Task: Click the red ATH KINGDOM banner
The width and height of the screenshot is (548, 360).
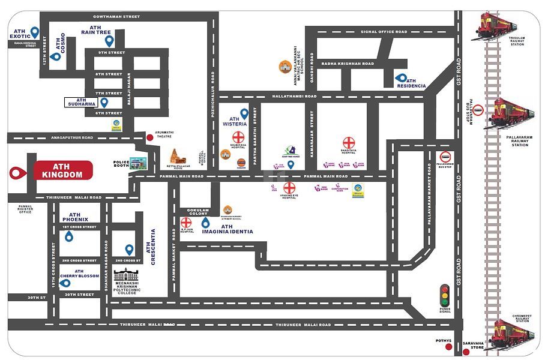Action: tap(63, 170)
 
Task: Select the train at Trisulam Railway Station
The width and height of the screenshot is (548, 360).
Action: tap(496, 26)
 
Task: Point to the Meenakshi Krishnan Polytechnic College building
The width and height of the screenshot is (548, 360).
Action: tap(127, 275)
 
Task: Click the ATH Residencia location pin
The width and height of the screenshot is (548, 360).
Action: tap(401, 77)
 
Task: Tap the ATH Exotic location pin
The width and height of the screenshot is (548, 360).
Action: tap(35, 32)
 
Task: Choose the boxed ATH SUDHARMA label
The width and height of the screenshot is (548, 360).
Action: tap(80, 103)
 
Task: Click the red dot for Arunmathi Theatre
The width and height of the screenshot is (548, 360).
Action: tap(150, 137)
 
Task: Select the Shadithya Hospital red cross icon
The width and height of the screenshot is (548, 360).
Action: tap(349, 143)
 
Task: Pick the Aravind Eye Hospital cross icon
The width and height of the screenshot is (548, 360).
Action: tap(289, 187)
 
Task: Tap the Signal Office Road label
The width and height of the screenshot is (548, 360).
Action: tap(384, 32)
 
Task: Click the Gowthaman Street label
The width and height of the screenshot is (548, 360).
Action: tap(116, 17)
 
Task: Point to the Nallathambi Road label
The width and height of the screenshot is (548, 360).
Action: tap(294, 96)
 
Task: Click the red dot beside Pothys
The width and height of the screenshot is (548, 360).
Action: tap(448, 347)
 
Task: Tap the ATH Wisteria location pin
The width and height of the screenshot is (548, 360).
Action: tap(244, 113)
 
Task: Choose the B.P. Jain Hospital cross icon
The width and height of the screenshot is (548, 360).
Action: tap(186, 223)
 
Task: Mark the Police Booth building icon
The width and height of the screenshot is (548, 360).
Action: tap(138, 162)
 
